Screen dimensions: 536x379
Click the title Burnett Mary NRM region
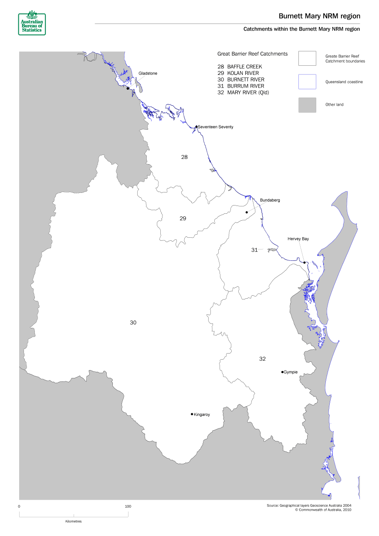[319, 16]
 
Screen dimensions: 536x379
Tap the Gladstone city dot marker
[128, 88]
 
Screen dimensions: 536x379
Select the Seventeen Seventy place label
[216, 127]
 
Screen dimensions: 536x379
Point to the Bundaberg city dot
[247, 212]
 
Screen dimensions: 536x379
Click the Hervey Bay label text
[298, 239]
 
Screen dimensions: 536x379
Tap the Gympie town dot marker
[282, 372]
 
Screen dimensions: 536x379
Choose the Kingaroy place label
[202, 415]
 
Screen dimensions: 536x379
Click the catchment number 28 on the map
[184, 157]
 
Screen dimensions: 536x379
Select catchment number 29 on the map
[183, 218]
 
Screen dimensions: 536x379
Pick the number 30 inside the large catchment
[133, 322]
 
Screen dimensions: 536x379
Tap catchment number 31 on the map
[254, 250]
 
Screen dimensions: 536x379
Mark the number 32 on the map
[262, 359]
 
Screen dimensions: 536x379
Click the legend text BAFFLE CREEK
[247, 67]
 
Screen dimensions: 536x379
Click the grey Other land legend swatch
[307, 105]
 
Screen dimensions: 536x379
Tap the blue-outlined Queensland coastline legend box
[307, 81]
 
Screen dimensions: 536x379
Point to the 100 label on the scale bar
[128, 506]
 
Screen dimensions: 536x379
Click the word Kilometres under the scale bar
[73, 521]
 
